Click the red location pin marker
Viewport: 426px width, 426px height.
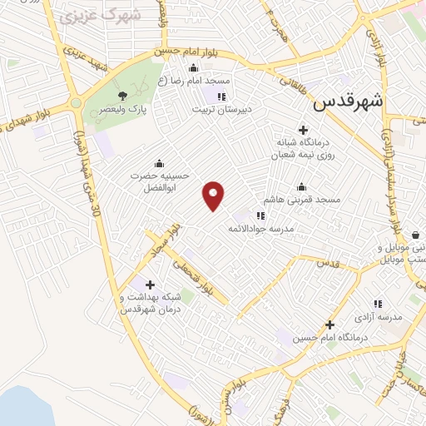click(214, 195)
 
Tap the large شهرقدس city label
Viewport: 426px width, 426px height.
click(349, 102)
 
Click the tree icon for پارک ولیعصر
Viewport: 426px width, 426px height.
click(123, 96)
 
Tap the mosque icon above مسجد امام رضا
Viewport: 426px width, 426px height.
click(194, 67)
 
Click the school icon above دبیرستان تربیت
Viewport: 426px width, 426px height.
click(220, 97)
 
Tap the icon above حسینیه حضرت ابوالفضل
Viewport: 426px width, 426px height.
click(159, 163)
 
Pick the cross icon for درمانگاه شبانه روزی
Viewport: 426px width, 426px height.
click(303, 130)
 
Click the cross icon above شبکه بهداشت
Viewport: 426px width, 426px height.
click(150, 285)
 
